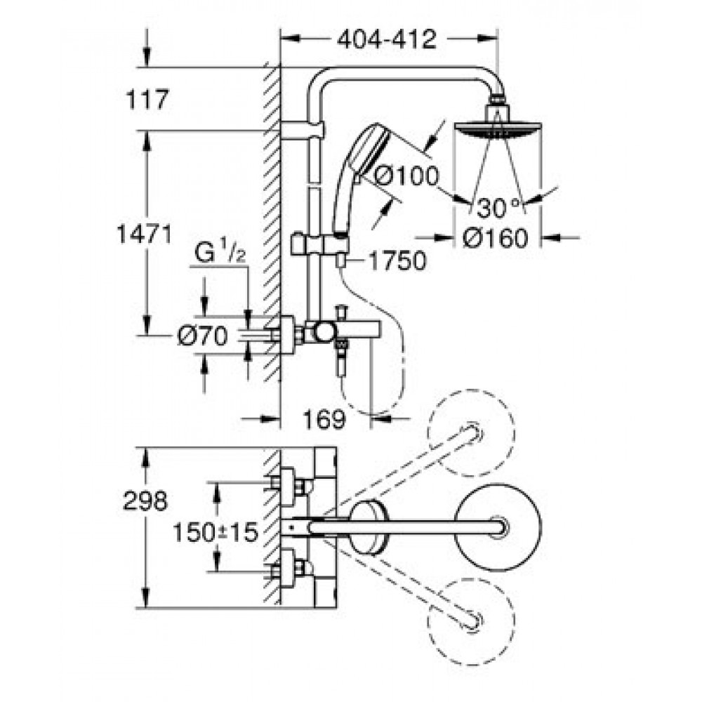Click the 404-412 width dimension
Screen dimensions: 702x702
(387, 39)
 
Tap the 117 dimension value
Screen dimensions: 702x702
(147, 100)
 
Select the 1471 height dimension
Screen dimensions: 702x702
(144, 234)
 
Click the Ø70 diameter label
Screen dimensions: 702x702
(202, 336)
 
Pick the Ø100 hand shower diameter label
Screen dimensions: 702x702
(406, 175)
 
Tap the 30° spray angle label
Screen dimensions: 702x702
(498, 208)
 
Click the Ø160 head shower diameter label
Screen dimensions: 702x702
(495, 238)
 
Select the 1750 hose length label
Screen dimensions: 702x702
(397, 260)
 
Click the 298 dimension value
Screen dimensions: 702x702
(145, 501)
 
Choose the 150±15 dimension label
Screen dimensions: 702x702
(216, 533)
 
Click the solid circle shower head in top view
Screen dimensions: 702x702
(498, 527)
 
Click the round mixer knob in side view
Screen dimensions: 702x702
(324, 332)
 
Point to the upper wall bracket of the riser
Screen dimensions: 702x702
(303, 130)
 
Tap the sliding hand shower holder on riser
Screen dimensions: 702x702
(319, 244)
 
